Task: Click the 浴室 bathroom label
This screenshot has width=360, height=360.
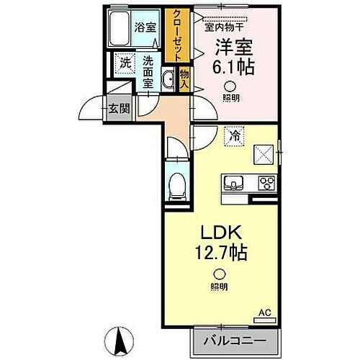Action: pos(145,27)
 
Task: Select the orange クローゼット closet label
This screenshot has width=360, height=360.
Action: pos(174,35)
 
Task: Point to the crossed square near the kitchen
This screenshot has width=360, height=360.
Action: pos(261,155)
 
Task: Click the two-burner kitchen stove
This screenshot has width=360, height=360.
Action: pos(266,182)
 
